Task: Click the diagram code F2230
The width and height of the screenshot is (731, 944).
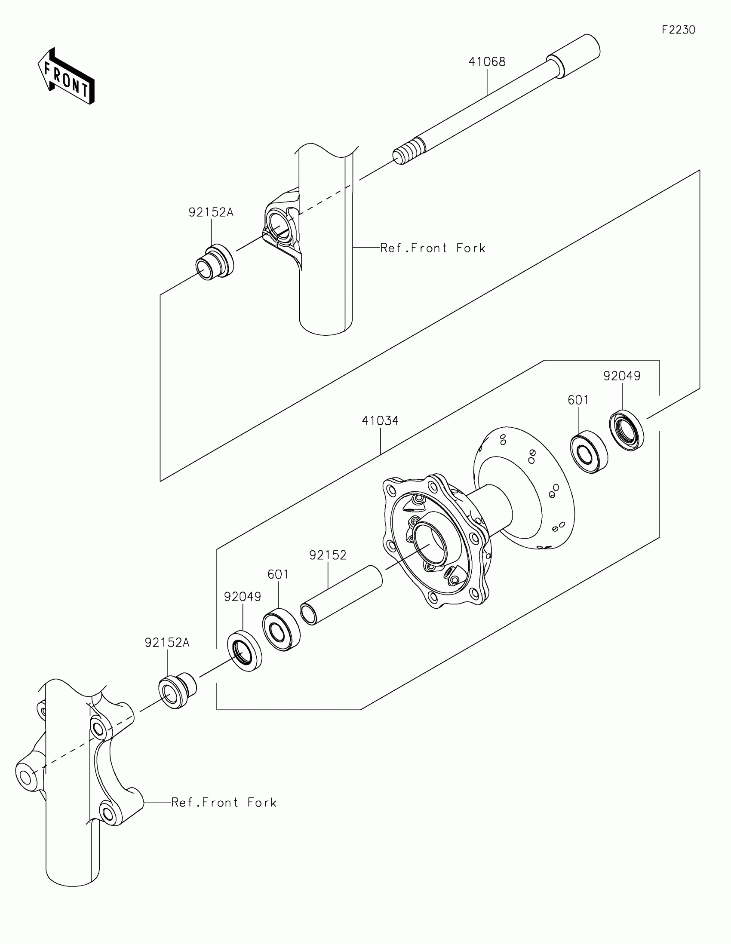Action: click(x=678, y=30)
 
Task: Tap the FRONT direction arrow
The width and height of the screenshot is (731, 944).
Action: click(x=66, y=77)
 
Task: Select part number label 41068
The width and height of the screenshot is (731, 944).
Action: click(x=487, y=62)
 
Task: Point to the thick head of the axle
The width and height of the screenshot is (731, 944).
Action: click(x=574, y=56)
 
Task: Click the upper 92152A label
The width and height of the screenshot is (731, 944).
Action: click(x=211, y=212)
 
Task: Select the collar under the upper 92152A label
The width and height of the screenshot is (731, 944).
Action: click(x=215, y=262)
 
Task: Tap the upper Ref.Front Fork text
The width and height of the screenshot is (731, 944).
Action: click(x=432, y=248)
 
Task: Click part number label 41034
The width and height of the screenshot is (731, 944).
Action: click(x=380, y=420)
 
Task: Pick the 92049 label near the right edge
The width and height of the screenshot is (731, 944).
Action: click(x=622, y=376)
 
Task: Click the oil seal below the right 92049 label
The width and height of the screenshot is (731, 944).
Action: click(x=627, y=430)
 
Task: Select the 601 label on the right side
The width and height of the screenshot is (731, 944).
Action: click(x=578, y=400)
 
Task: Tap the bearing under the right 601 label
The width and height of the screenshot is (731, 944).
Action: click(x=589, y=452)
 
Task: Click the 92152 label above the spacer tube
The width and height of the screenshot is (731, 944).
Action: click(x=328, y=555)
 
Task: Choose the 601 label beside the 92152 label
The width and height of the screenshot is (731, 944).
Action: click(x=278, y=574)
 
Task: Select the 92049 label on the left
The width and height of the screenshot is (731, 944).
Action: click(x=243, y=597)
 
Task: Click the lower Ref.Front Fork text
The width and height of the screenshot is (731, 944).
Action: click(x=224, y=802)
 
